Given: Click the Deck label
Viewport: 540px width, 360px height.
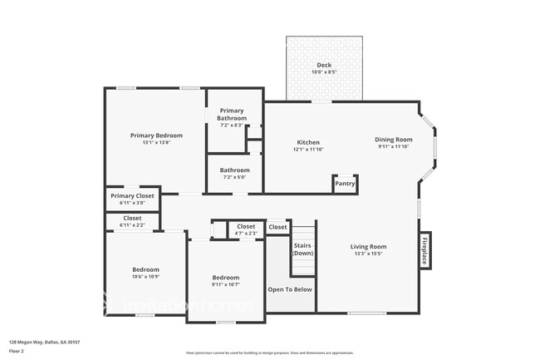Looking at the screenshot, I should point(325,65).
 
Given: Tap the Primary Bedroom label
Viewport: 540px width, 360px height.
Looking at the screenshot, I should point(156,136).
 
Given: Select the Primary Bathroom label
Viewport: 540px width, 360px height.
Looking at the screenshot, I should point(232,114).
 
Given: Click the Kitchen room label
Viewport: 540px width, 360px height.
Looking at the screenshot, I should point(307,142).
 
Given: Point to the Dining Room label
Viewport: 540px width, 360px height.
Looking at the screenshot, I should point(393,140).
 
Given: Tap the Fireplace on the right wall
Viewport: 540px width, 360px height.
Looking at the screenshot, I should point(424,250).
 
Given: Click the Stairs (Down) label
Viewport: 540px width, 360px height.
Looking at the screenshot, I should point(303,249).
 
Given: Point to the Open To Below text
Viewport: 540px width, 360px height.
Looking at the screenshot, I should point(289,289).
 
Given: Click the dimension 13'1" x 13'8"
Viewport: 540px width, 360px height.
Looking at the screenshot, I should point(156,143).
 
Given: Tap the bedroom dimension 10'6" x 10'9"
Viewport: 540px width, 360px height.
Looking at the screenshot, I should point(145,277).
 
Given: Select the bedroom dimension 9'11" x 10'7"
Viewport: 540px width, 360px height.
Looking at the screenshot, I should point(225,284).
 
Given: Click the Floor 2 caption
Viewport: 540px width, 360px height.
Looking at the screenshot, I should point(17,352).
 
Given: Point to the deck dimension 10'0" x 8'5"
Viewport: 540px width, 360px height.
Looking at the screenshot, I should point(325,72).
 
